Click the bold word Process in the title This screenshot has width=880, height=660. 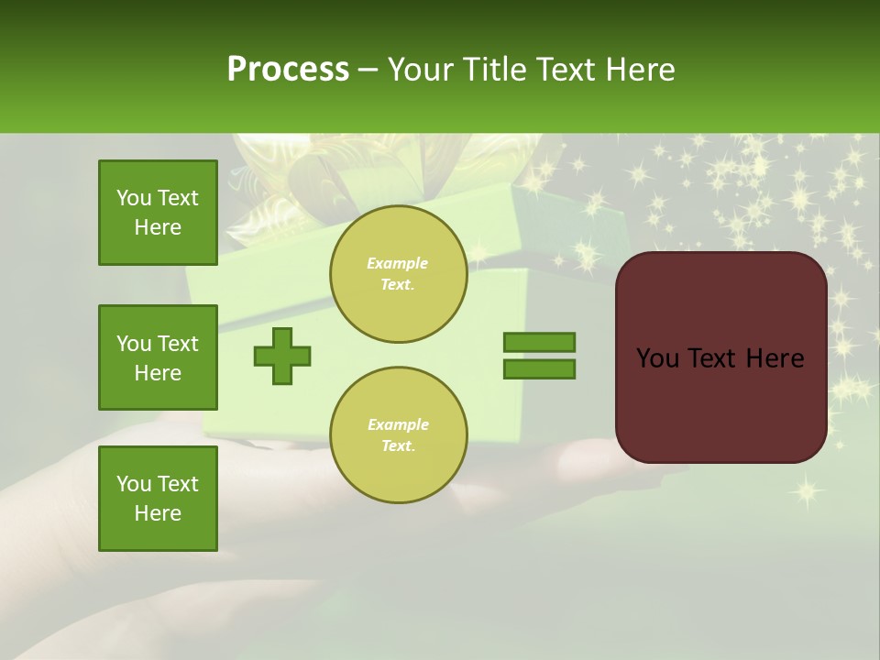tap(288, 70)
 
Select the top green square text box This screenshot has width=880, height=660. tap(158, 213)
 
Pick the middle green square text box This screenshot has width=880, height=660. tap(158, 357)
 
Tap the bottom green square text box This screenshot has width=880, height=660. tap(158, 498)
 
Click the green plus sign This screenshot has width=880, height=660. tap(282, 356)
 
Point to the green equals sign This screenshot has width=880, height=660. tap(539, 356)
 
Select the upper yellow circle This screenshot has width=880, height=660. tap(398, 274)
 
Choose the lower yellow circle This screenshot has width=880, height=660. tap(398, 434)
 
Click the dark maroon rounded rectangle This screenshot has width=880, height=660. tap(720, 357)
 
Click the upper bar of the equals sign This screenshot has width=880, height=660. tap(539, 342)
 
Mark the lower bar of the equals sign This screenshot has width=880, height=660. tap(539, 369)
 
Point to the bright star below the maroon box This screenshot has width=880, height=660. tap(807, 491)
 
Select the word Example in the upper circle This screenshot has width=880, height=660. tap(398, 263)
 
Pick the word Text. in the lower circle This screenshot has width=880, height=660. tap(398, 445)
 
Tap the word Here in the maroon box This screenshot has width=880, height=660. tap(775, 358)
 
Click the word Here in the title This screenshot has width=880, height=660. tap(641, 70)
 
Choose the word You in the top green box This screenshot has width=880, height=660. tap(133, 198)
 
